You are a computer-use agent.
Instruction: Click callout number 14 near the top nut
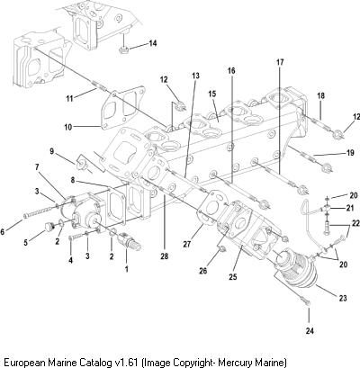click(x=152, y=43)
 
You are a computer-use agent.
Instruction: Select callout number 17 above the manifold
click(x=280, y=63)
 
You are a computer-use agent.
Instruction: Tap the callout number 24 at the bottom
click(x=310, y=331)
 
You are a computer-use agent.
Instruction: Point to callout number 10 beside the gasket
click(x=68, y=127)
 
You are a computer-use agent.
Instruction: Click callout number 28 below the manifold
click(x=165, y=256)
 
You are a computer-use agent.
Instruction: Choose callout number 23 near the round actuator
click(x=343, y=298)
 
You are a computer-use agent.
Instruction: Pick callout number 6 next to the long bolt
click(x=3, y=232)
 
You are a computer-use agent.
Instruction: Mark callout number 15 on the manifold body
click(x=212, y=94)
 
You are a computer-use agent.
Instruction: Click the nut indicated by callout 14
click(x=122, y=50)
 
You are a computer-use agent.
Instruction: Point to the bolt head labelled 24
click(x=307, y=303)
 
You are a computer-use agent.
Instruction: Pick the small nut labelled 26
click(x=222, y=248)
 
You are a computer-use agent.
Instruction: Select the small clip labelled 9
click(x=81, y=163)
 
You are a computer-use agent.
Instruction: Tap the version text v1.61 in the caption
click(x=125, y=362)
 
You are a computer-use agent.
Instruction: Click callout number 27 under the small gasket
click(x=187, y=244)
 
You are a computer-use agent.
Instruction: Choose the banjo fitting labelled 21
click(x=325, y=208)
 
